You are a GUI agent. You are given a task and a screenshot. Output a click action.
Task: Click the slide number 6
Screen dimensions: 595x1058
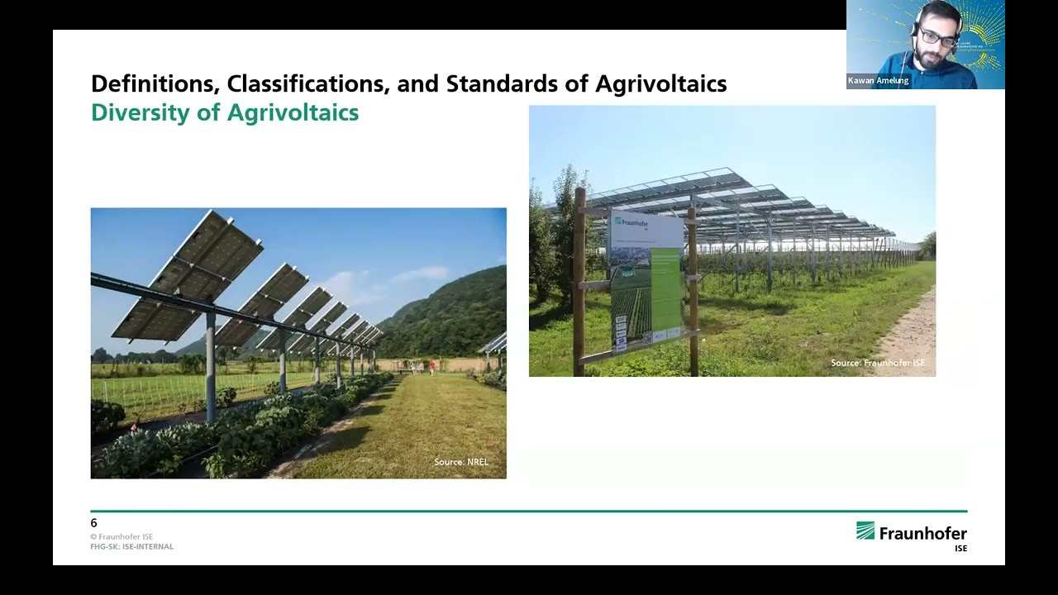[x=94, y=523]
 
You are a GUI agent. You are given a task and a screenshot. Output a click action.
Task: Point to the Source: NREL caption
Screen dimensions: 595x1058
[x=461, y=462]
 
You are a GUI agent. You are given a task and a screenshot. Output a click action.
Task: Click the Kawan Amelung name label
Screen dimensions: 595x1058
[x=878, y=81]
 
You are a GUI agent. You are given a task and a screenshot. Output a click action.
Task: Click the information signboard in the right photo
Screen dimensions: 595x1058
[x=646, y=281]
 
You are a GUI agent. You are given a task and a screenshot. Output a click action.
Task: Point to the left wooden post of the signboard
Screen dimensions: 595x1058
[x=579, y=281]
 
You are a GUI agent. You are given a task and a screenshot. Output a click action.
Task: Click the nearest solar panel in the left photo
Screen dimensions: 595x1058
[x=188, y=277]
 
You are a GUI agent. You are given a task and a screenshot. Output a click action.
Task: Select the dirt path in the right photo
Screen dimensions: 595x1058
[x=909, y=339]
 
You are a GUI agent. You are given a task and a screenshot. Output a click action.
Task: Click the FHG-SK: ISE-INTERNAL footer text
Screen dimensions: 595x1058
[x=132, y=547]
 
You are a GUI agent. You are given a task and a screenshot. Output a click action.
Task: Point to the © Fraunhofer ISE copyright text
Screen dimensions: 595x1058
[x=122, y=537]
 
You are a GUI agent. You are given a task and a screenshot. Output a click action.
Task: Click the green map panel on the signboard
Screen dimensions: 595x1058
[x=665, y=289]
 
